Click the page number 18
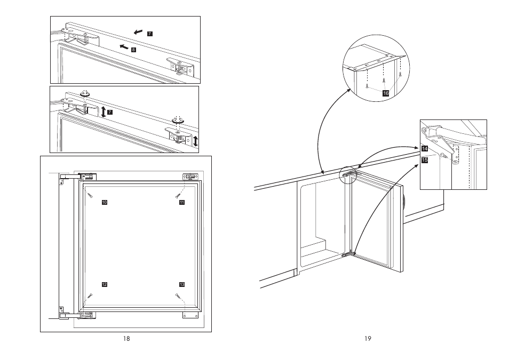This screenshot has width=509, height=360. [126, 339]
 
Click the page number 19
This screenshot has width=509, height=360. [368, 339]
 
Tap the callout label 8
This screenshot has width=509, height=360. [133, 50]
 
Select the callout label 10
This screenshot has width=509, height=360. [105, 202]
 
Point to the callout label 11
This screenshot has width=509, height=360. [182, 202]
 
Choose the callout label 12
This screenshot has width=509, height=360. [105, 284]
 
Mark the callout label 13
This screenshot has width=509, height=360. [182, 284]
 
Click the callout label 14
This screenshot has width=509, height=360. [425, 149]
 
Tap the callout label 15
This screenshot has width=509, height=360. [425, 159]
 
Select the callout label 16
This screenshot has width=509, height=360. [386, 93]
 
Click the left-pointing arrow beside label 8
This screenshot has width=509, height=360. [124, 47]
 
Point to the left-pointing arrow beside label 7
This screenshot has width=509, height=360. [138, 32]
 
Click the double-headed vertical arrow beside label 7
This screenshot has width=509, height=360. [103, 111]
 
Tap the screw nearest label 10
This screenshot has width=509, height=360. [90, 195]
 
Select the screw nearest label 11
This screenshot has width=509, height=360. [178, 195]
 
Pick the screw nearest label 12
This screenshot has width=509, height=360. [90, 297]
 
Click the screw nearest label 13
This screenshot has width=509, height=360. [178, 295]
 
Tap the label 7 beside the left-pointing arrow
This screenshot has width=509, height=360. [149, 34]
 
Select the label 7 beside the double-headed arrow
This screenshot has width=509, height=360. [110, 112]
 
